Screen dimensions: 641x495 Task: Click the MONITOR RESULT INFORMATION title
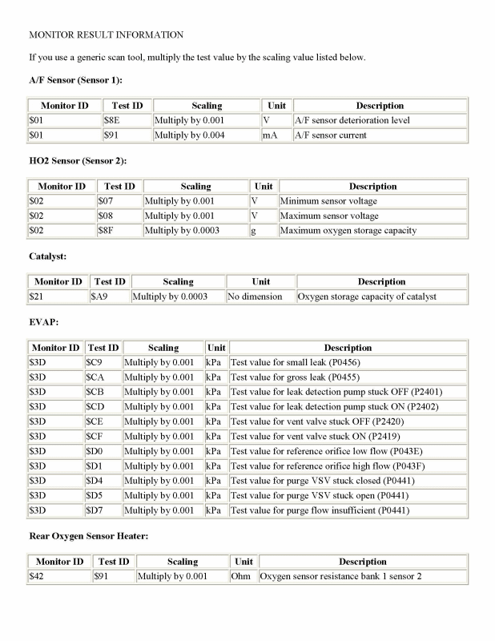coord(106,35)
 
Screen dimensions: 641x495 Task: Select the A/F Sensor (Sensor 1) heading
coord(75,81)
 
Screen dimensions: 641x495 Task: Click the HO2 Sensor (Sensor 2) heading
coord(78,161)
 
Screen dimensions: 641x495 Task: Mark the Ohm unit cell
coord(241,576)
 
